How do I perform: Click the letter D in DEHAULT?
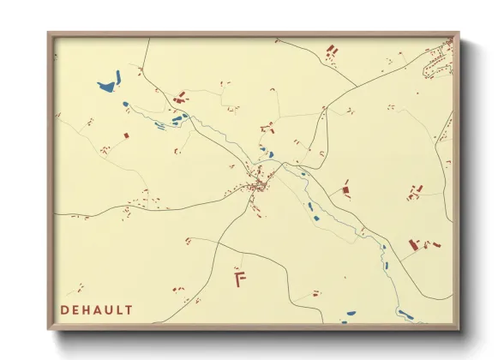pyautogui.click(x=64, y=309)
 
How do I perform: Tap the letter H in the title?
pyautogui.click(x=89, y=309)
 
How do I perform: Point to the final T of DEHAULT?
pyautogui.click(x=129, y=309)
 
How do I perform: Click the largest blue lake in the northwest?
pyautogui.click(x=108, y=86)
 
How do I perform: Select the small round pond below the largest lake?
pyautogui.click(x=125, y=105)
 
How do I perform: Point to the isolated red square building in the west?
pyautogui.click(x=126, y=135)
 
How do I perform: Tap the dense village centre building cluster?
pyautogui.click(x=258, y=183)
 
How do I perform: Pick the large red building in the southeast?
pyautogui.click(x=413, y=245)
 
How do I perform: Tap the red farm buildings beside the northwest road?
pyautogui.click(x=181, y=99)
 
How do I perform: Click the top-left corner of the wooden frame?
pyautogui.click(x=49, y=33)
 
